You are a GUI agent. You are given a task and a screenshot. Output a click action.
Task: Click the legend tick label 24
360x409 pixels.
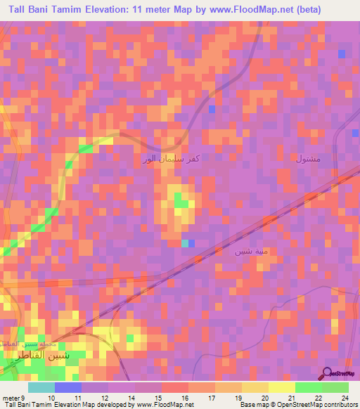click(345, 397)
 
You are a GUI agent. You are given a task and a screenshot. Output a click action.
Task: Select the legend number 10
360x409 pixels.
click(50, 397)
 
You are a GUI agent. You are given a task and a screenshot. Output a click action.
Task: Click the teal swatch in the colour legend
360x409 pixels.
click(42, 387)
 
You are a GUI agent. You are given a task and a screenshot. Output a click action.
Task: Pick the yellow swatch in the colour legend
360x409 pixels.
click(281, 387)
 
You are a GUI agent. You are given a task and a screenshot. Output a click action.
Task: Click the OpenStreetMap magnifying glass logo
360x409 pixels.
click(327, 373)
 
